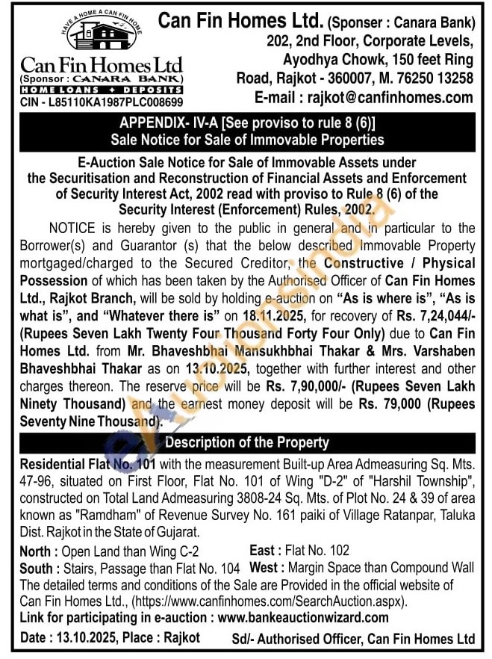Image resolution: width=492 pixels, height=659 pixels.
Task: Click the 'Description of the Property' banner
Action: click(246, 442)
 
